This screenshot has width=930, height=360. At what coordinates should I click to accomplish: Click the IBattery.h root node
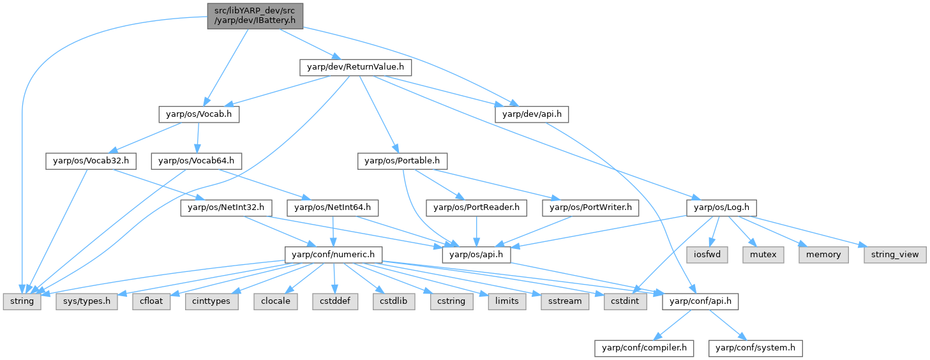coord(254,15)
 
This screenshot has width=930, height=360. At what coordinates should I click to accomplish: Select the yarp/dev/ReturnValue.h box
coord(356,66)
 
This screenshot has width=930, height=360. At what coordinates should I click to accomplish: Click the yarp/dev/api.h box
coord(531,114)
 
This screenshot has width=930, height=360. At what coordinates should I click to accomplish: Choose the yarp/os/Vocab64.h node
coord(196,161)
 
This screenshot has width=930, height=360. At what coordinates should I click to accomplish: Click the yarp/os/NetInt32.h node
coord(227,207)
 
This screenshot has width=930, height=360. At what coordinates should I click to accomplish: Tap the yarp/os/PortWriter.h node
coord(590,207)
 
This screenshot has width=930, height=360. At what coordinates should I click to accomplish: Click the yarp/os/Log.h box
coord(721,207)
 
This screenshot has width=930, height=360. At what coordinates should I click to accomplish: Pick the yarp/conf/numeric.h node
coord(333,254)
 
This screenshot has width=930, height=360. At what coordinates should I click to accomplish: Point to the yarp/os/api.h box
coord(477,254)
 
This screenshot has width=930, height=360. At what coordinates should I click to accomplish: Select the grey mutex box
coord(763,254)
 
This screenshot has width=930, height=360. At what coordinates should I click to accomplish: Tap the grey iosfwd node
coord(707,254)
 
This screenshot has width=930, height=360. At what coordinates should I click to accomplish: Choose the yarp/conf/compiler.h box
coord(644,348)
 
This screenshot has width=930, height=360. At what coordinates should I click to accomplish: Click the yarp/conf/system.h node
coord(755,348)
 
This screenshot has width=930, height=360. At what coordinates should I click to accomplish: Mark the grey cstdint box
coord(625,301)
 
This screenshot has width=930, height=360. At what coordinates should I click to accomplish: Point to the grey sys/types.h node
coord(87,301)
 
